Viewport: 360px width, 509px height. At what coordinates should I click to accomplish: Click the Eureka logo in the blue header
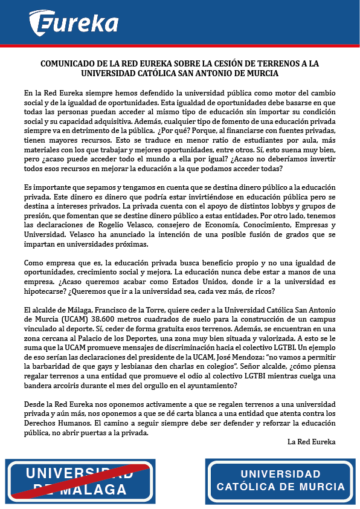click(x=74, y=22)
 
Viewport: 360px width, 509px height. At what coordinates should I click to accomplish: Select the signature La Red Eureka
click(x=312, y=441)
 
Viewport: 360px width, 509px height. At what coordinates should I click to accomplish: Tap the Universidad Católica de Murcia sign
click(x=280, y=481)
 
